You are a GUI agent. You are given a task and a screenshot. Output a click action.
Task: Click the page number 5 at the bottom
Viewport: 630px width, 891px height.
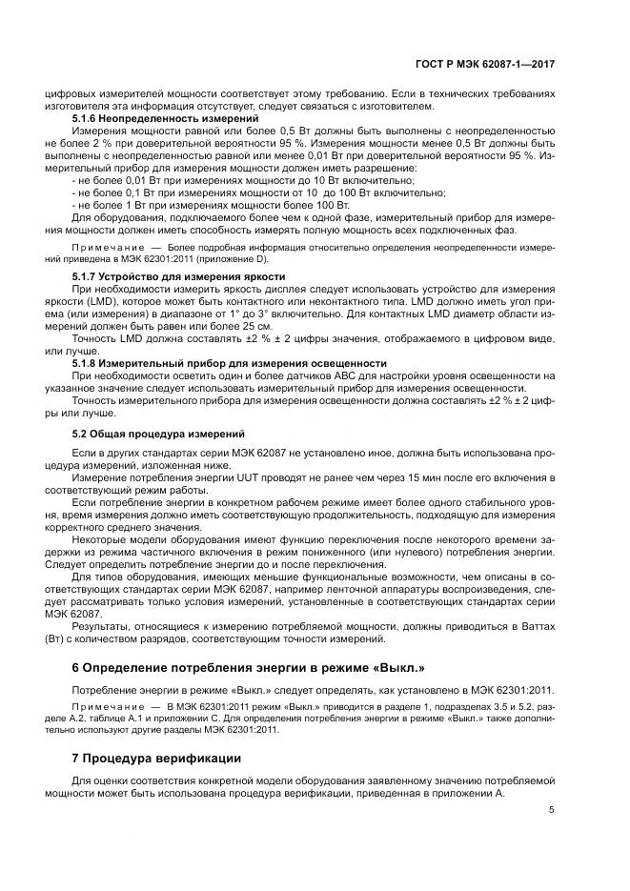[552, 810]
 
